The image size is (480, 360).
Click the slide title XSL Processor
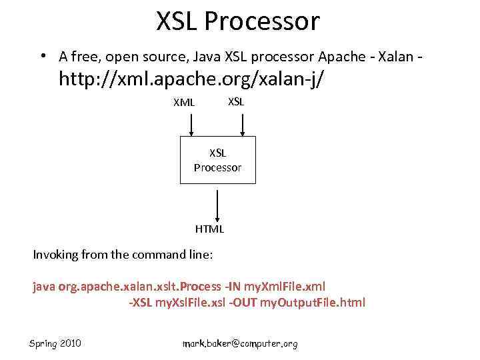click(x=238, y=21)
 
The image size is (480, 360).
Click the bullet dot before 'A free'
click(x=42, y=55)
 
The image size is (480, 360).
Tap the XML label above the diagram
click(x=184, y=103)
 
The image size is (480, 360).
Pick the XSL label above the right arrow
click(x=236, y=101)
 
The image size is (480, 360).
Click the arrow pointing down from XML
click(x=191, y=125)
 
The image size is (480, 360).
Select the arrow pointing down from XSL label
click(x=243, y=125)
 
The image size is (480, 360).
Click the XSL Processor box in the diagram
click(x=217, y=161)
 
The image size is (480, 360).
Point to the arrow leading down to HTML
click(x=217, y=203)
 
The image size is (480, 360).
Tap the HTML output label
click(x=209, y=229)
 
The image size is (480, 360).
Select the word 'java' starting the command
click(x=45, y=287)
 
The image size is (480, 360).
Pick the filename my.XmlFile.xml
click(x=285, y=287)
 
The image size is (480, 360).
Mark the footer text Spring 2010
click(x=55, y=343)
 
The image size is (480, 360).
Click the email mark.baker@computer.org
click(x=240, y=344)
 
